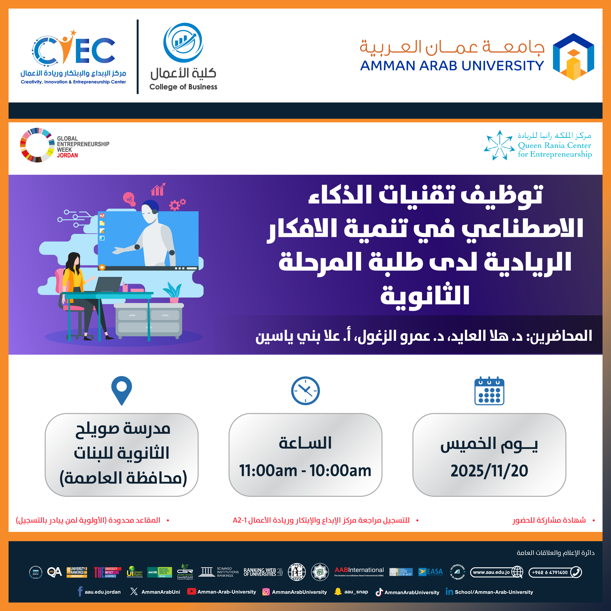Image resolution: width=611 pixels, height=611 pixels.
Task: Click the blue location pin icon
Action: pyautogui.click(x=121, y=390)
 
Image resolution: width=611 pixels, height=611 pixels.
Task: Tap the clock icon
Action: pyautogui.click(x=305, y=391)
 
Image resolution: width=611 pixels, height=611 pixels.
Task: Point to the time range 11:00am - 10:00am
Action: pyautogui.click(x=305, y=471)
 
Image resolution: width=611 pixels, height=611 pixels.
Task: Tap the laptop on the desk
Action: pyautogui.click(x=108, y=285)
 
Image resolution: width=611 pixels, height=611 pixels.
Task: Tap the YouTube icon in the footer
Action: pyautogui.click(x=191, y=591)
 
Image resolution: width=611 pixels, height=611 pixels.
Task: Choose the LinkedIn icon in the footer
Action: pyautogui.click(x=449, y=591)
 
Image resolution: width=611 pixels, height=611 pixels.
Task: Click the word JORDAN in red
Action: pyautogui.click(x=67, y=155)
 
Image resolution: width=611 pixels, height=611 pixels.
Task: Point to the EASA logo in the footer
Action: pyautogui.click(x=430, y=572)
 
